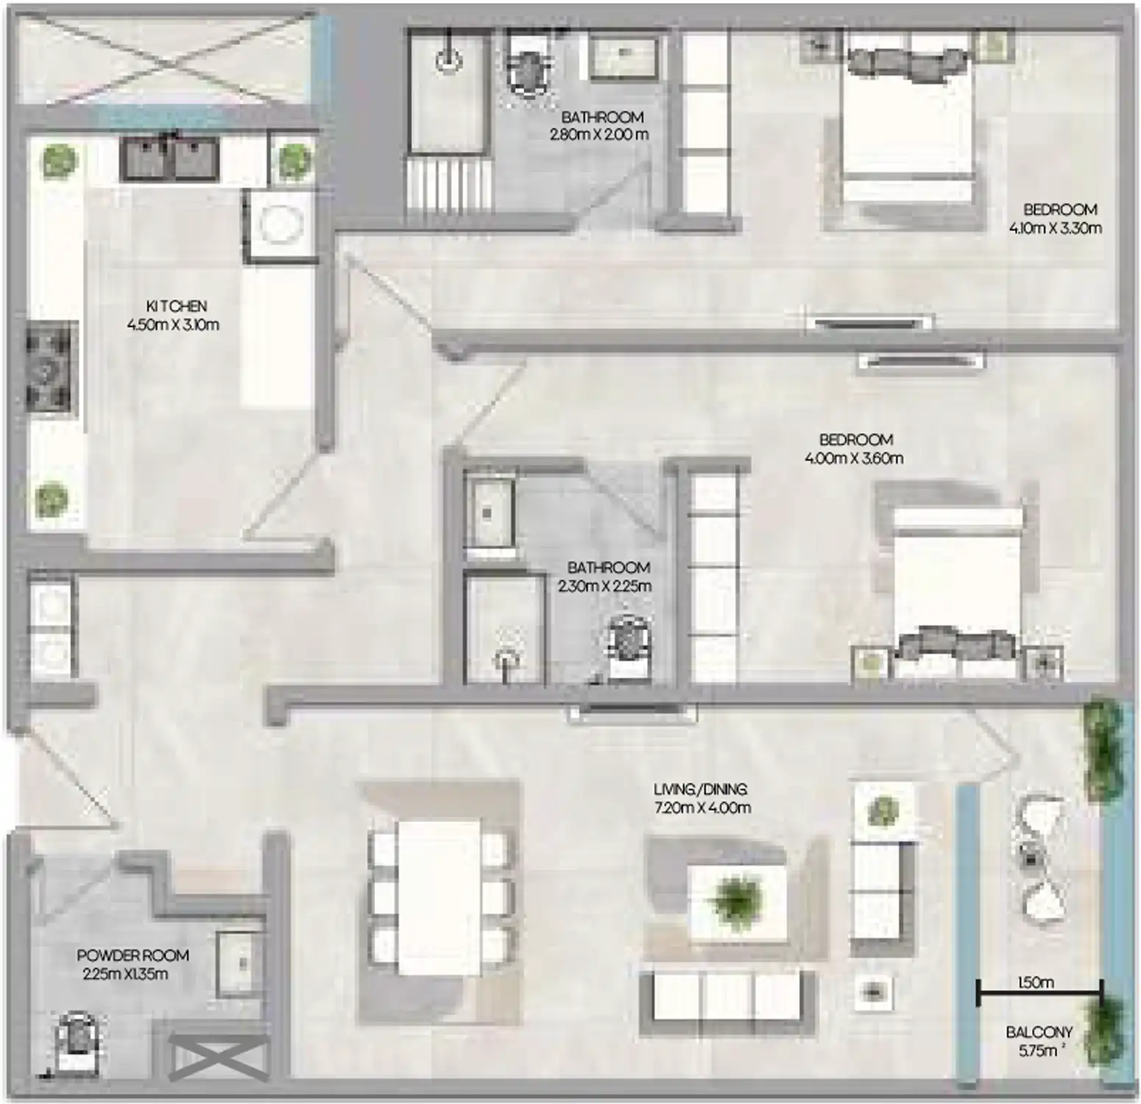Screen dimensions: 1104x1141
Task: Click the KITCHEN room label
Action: click(176, 305)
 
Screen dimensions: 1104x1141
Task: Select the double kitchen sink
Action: click(170, 159)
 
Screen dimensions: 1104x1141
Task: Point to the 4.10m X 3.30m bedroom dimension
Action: click(1055, 228)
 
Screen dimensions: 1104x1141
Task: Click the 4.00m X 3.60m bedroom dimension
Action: click(854, 459)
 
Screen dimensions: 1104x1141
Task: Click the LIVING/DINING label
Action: click(700, 789)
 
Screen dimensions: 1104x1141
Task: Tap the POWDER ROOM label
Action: click(133, 955)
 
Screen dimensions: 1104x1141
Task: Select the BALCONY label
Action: click(1039, 1033)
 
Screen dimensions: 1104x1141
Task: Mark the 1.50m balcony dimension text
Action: click(1035, 983)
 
